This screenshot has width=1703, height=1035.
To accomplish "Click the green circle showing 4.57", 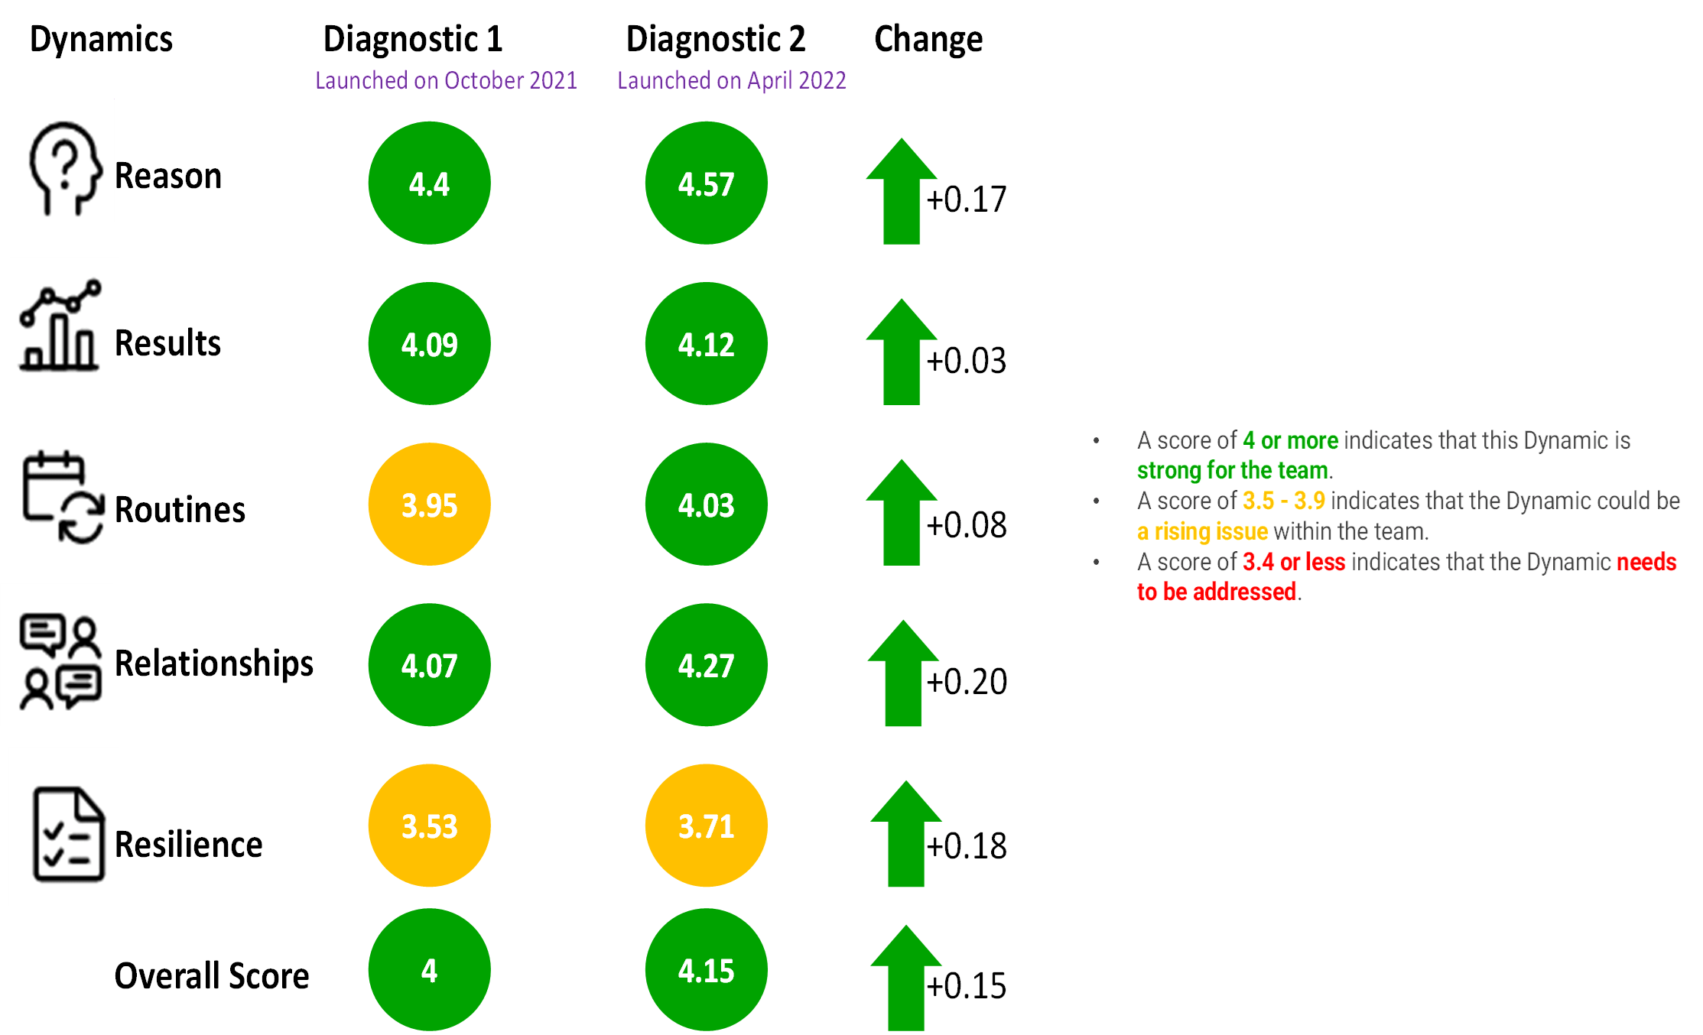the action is [706, 183].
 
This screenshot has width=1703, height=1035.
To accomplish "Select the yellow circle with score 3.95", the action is [429, 505].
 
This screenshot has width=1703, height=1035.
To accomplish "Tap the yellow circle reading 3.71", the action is [706, 826].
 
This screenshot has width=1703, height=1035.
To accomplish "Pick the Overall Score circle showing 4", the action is [429, 970].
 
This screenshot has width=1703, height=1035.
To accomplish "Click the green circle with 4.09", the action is [429, 344].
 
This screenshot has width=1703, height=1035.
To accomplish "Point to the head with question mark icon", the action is [65, 168].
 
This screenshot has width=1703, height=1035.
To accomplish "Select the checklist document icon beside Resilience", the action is [68, 834].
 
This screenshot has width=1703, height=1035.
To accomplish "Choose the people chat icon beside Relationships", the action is [60, 662].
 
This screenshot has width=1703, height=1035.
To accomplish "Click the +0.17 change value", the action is [967, 200].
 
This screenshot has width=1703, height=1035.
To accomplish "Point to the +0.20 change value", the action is [967, 681].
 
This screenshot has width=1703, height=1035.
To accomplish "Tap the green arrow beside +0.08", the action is [902, 512].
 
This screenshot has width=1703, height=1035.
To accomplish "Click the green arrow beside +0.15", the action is [906, 978].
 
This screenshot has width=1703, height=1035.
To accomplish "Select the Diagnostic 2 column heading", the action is [716, 39].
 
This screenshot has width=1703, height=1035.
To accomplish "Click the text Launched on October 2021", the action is [446, 80].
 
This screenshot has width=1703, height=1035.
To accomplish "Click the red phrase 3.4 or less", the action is [1294, 562].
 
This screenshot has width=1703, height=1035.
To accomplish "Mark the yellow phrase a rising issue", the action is [1202, 531].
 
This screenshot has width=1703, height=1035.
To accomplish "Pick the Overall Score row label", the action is [212, 976].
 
